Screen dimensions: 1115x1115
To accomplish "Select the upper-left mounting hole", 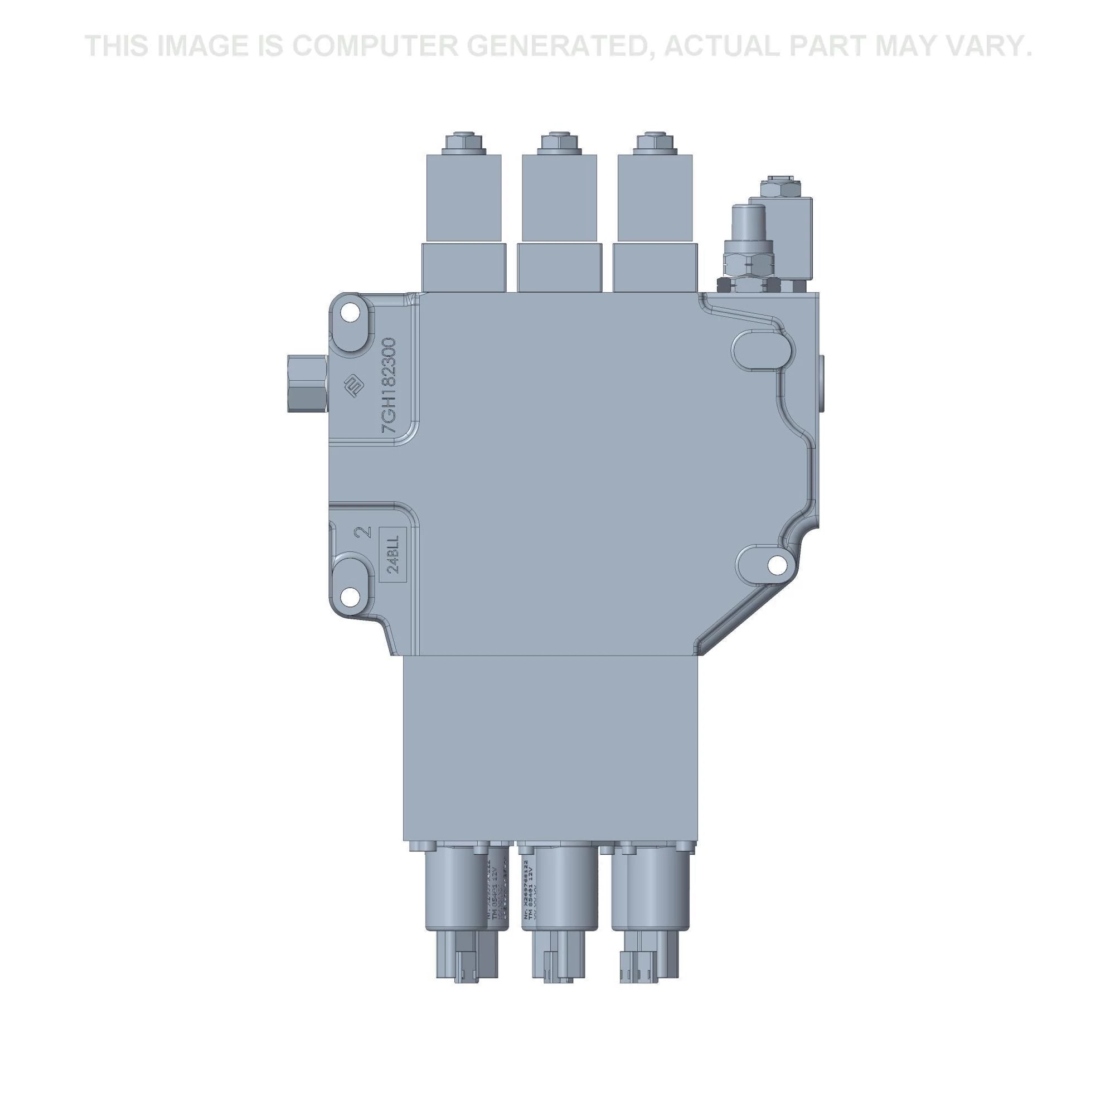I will [349, 313].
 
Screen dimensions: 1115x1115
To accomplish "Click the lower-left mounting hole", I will [349, 596].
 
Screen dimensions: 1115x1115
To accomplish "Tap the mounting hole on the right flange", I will [777, 564].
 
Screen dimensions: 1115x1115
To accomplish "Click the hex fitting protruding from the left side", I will [307, 384].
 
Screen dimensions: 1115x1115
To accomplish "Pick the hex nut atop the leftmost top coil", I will [462, 142].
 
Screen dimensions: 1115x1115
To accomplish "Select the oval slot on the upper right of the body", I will [762, 351].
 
